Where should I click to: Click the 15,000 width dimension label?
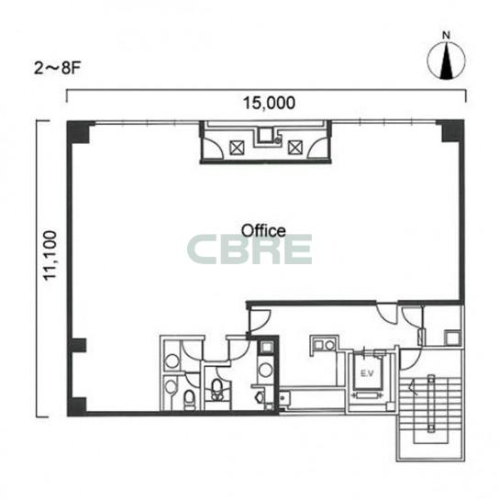pyautogui.click(x=270, y=103)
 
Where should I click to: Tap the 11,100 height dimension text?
pyautogui.click(x=50, y=255)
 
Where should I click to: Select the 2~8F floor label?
pyautogui.click(x=57, y=68)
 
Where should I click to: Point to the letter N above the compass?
pyautogui.click(x=447, y=36)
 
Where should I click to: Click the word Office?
pyautogui.click(x=263, y=230)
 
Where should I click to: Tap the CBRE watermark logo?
pyautogui.click(x=249, y=249)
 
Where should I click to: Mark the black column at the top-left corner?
pyautogui.click(x=78, y=132)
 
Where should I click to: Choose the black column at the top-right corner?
pyautogui.click(x=452, y=131)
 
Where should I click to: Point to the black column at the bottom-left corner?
pyautogui.click(x=77, y=406)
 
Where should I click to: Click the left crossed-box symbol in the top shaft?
pyautogui.click(x=237, y=148)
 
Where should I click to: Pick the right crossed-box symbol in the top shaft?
pyautogui.click(x=295, y=148)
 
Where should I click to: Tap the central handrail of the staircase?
pyautogui.click(x=431, y=404)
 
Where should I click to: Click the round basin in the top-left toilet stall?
pyautogui.click(x=172, y=361)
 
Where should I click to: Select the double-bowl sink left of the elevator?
pyautogui.click(x=324, y=345)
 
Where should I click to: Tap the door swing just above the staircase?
pyautogui.click(x=411, y=360)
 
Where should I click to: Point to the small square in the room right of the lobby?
pyautogui.click(x=452, y=338)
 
